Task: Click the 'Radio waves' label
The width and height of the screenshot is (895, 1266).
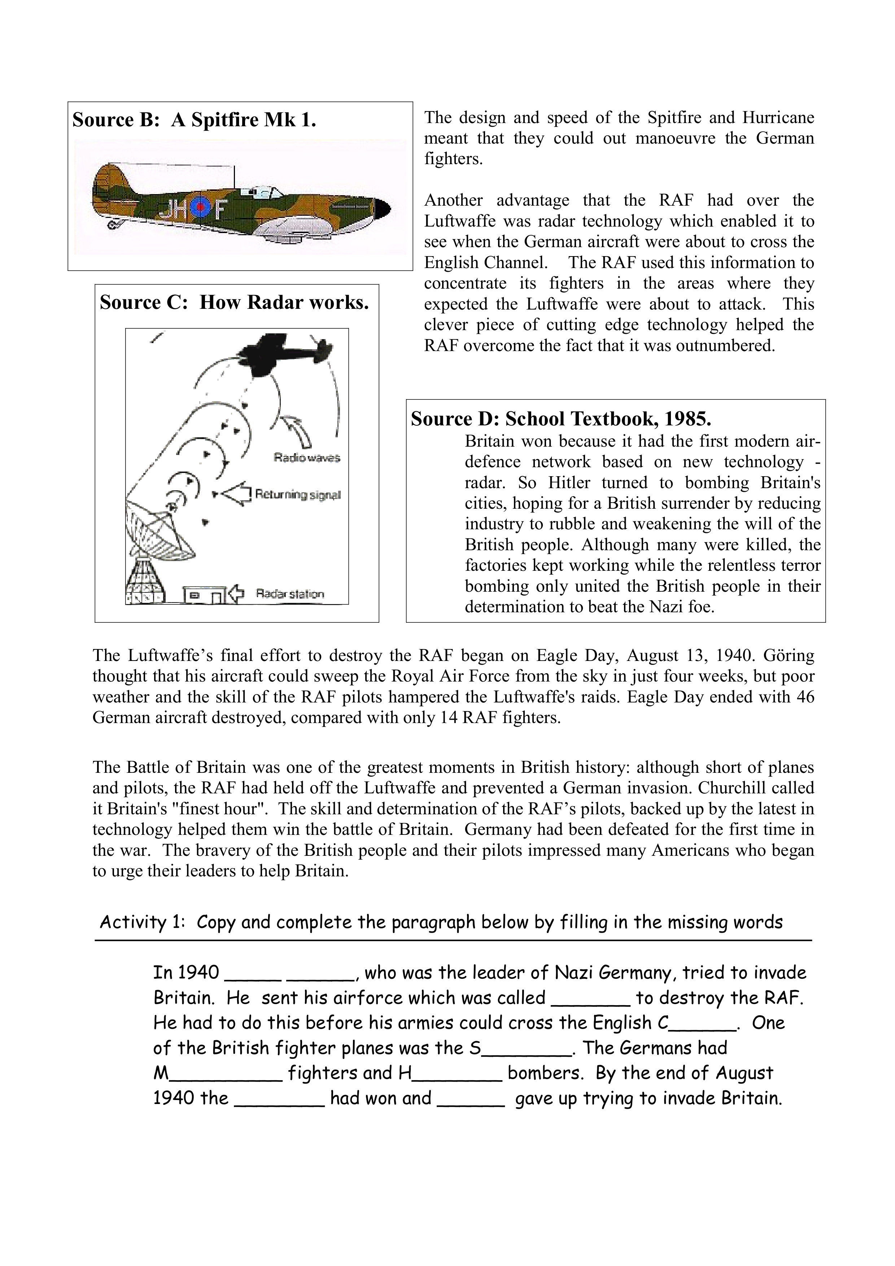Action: point(307,457)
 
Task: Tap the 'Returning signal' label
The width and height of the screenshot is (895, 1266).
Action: point(298,495)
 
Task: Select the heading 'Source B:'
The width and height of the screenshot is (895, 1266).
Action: point(115,120)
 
